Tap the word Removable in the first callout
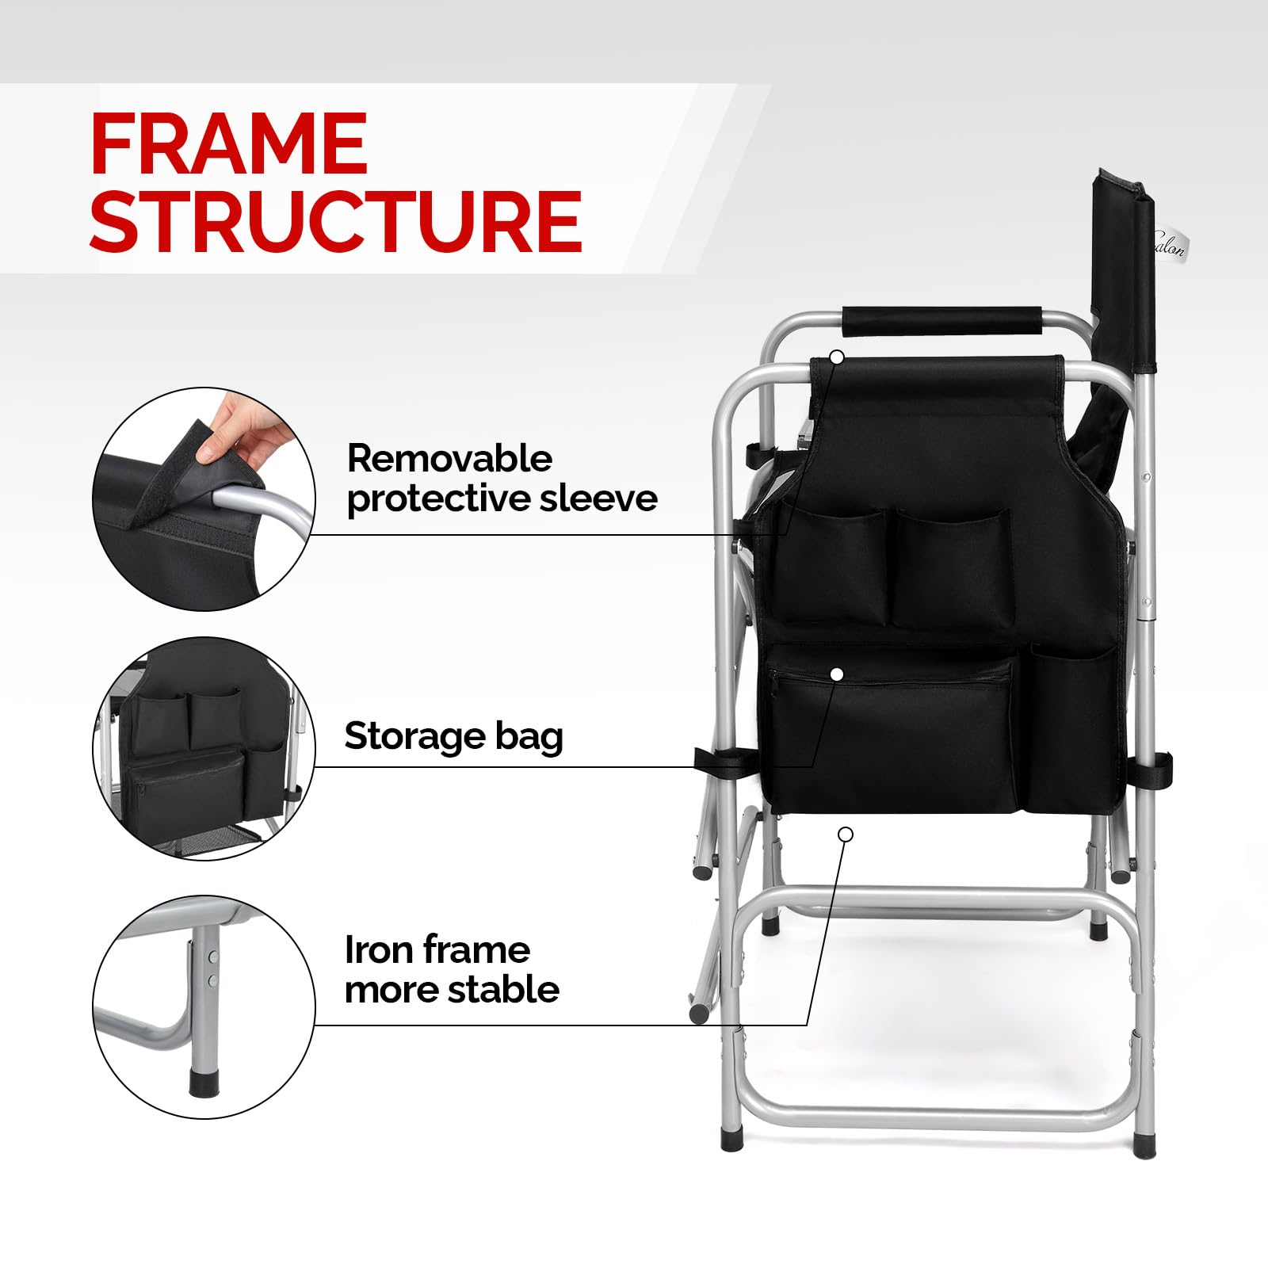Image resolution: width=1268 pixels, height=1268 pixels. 449,459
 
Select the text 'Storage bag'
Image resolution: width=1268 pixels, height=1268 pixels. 453,737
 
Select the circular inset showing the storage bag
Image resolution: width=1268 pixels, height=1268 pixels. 204,749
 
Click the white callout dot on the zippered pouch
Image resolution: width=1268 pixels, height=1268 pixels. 837,674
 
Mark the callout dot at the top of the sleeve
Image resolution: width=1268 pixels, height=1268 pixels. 837,357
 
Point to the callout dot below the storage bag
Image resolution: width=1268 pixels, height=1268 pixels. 846,834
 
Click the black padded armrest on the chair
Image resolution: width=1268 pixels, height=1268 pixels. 941,320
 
